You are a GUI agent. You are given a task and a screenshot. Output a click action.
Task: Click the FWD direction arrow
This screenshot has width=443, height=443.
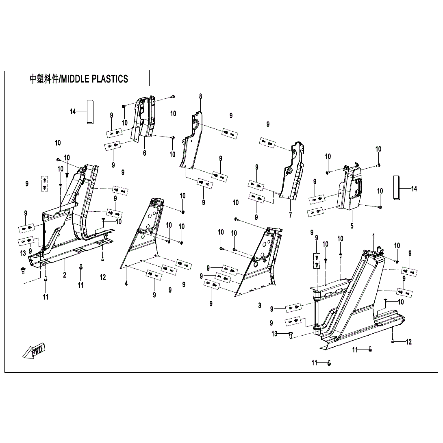35,351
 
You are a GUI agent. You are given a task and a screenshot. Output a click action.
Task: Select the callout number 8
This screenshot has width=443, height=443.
200,96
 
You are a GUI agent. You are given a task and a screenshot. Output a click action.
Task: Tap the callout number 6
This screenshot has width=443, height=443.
144,153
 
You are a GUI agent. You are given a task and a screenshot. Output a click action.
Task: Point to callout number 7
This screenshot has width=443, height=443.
290,215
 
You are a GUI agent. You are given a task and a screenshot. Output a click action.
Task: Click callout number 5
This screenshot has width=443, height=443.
352,225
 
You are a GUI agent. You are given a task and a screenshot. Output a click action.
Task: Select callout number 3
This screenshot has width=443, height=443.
260,305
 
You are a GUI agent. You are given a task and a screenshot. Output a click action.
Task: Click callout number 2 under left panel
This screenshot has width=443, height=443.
65,275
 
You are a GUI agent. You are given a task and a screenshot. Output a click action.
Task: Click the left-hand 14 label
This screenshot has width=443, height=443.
73,112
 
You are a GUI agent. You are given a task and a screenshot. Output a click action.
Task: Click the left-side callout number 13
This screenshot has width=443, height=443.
23,254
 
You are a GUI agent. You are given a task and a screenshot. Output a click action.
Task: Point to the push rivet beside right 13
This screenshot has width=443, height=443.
290,334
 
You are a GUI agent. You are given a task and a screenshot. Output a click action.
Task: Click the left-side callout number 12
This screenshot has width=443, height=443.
103,277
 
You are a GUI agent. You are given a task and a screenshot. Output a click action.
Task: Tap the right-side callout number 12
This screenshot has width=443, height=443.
408,342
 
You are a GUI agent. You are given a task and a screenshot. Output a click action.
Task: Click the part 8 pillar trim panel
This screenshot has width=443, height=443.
191,142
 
